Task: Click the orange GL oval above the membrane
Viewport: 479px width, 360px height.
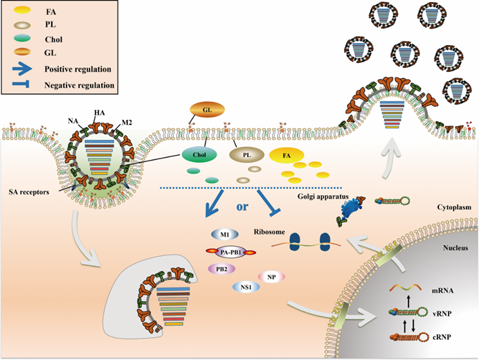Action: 205,109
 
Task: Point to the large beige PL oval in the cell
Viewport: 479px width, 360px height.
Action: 247,156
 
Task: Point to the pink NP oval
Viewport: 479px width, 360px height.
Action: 272,278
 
